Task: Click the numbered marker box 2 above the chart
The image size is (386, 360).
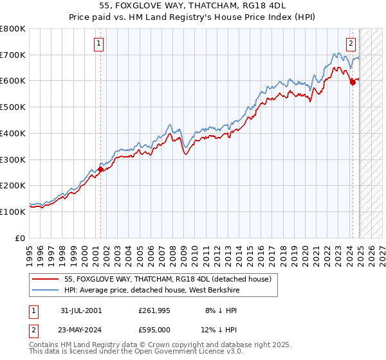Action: (x=351, y=44)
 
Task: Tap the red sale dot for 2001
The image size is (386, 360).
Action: (x=101, y=169)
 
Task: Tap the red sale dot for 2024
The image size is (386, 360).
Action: (x=353, y=82)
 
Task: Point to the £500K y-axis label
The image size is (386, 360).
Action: (x=13, y=107)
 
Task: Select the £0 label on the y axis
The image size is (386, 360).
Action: (x=19, y=238)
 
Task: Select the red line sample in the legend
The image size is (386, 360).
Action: (x=45, y=279)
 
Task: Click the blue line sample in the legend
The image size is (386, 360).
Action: (x=45, y=290)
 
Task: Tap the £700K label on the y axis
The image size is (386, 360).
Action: (x=13, y=55)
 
